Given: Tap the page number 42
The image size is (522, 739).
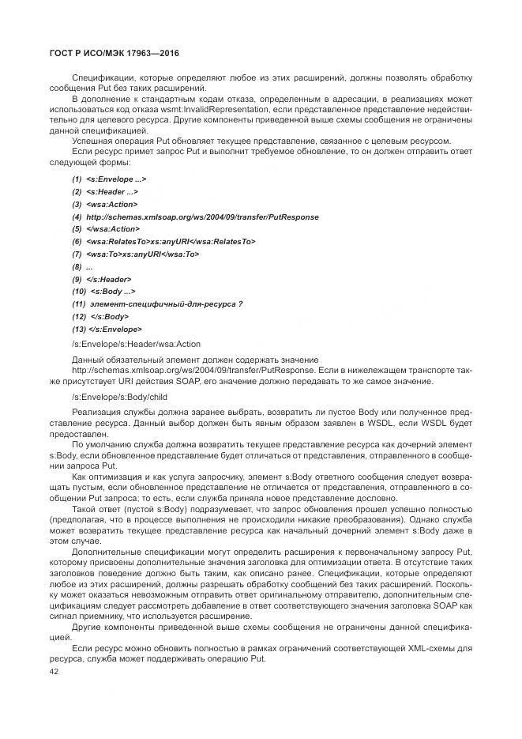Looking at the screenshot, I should pos(54,672).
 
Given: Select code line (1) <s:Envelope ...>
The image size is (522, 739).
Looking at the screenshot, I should pos(109,179).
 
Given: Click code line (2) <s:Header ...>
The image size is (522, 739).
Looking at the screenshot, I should pos(105,191).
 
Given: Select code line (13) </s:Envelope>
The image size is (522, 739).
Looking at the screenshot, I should pos(107,329).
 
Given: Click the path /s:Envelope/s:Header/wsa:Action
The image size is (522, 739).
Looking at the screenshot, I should pos(136,344).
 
